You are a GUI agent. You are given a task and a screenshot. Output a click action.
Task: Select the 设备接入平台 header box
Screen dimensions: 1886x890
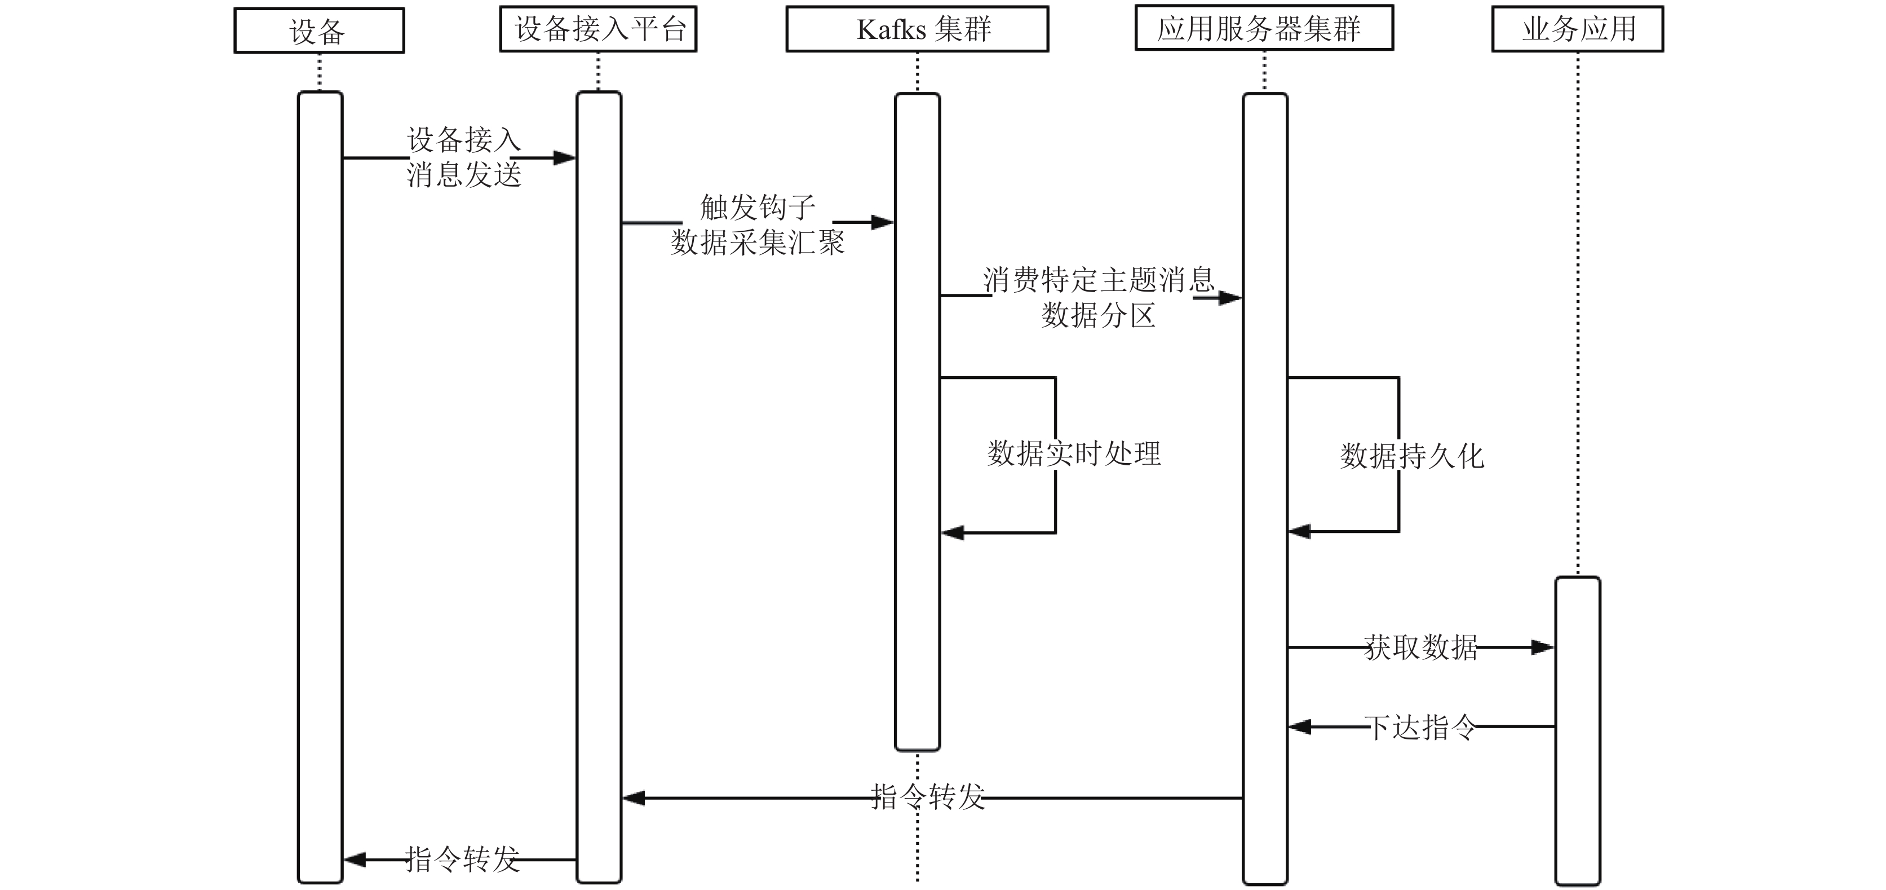click(598, 29)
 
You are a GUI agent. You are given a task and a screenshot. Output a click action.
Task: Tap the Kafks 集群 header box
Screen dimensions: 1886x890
click(918, 29)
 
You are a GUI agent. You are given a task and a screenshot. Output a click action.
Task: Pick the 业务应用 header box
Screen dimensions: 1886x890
click(1578, 29)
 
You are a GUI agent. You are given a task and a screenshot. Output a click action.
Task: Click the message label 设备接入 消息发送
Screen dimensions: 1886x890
click(464, 157)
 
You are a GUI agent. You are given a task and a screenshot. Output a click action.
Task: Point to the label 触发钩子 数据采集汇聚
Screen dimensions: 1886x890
click(758, 224)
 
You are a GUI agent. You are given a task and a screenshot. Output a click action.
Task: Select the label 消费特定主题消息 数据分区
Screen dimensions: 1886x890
click(1098, 297)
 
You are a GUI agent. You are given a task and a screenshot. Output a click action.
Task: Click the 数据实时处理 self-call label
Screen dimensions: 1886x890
click(1074, 453)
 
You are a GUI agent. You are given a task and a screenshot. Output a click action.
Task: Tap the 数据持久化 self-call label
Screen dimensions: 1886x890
click(1411, 456)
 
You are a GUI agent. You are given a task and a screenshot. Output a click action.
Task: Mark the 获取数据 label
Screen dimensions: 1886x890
click(1420, 647)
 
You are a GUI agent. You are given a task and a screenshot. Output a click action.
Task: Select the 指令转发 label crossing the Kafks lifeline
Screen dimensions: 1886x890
click(928, 797)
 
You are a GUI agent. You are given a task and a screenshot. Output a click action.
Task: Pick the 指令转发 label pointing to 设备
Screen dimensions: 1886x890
click(463, 859)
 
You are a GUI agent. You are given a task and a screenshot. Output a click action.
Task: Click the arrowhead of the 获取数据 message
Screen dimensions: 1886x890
click(1543, 647)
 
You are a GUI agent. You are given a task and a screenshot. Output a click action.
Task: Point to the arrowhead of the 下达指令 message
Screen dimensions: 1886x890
click(1300, 726)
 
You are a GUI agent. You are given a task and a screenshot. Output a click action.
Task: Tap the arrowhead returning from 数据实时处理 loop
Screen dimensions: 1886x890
click(953, 532)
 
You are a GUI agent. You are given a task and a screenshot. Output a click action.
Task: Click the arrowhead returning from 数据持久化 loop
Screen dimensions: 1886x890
click(1300, 531)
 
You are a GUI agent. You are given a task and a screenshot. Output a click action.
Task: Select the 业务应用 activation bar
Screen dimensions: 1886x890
click(1578, 731)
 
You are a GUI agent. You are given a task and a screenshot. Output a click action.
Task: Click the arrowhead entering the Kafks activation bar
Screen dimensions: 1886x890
click(883, 222)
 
